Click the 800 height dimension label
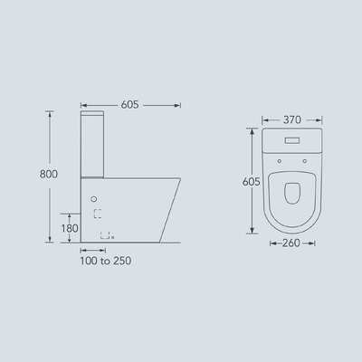click(49, 174)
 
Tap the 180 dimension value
click(70, 228)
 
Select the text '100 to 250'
click(106, 261)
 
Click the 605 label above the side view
click(130, 105)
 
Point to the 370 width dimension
click(292, 119)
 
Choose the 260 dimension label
click(291, 243)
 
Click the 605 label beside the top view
click(252, 182)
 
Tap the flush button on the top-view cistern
click(292, 140)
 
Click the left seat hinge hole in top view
click(280, 161)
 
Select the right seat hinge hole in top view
click(305, 161)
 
